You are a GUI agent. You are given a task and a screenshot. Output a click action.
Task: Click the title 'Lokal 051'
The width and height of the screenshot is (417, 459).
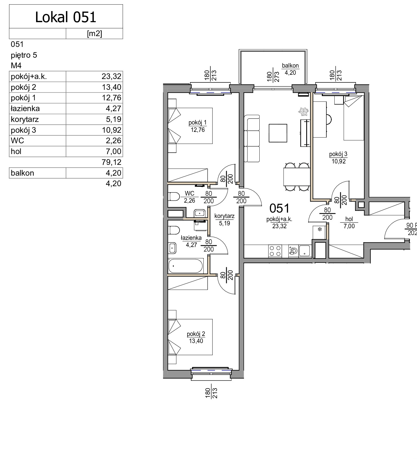[x=66, y=17]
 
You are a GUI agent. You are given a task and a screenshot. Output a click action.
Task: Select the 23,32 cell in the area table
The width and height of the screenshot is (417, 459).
[x=111, y=76]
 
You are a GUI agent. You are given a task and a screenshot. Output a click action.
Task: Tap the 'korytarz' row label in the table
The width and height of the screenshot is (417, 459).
[x=25, y=119]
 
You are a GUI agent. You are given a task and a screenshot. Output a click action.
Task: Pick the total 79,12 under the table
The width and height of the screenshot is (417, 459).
[x=111, y=162]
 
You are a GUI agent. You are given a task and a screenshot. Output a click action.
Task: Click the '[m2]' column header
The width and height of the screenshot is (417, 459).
[x=94, y=34]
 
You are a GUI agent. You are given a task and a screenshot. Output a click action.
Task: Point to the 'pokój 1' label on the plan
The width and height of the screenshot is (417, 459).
[x=198, y=123]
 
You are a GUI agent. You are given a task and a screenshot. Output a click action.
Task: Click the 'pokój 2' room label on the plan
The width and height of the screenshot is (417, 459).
[x=196, y=334]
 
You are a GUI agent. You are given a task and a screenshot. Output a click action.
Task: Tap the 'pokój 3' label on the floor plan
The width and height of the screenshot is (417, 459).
[x=338, y=154]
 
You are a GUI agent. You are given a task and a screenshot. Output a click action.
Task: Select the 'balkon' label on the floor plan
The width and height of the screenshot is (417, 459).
[x=290, y=66]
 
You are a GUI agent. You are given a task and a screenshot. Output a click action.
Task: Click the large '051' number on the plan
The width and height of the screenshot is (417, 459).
[x=280, y=208]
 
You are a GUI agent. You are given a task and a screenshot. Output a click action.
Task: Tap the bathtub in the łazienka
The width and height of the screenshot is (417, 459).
[x=186, y=266]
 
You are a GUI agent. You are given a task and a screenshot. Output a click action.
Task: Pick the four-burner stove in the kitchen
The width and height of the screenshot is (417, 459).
[x=275, y=251]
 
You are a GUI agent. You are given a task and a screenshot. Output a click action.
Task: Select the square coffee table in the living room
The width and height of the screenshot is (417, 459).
[x=278, y=133]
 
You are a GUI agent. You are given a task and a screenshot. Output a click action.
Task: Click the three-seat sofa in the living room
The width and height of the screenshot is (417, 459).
[x=252, y=138]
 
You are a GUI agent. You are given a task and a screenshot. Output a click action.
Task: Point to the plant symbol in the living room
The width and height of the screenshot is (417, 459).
[x=303, y=111]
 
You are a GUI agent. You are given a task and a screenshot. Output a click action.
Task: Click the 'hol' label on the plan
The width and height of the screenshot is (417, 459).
[x=349, y=219]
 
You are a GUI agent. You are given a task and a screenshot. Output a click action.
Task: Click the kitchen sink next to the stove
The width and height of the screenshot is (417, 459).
[x=305, y=251]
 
